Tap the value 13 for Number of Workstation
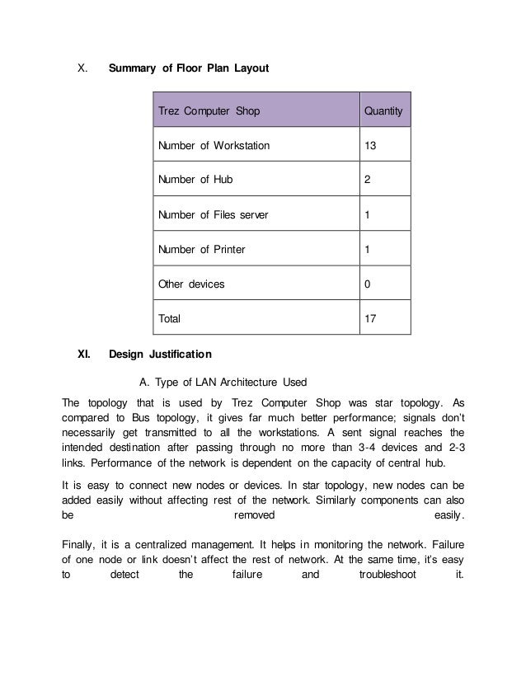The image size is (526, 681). tap(370, 146)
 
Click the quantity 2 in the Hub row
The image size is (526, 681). tap(367, 180)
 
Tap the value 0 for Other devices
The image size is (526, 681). tap(367, 283)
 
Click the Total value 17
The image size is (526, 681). tap(370, 317)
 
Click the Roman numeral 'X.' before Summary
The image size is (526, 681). tap(82, 67)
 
